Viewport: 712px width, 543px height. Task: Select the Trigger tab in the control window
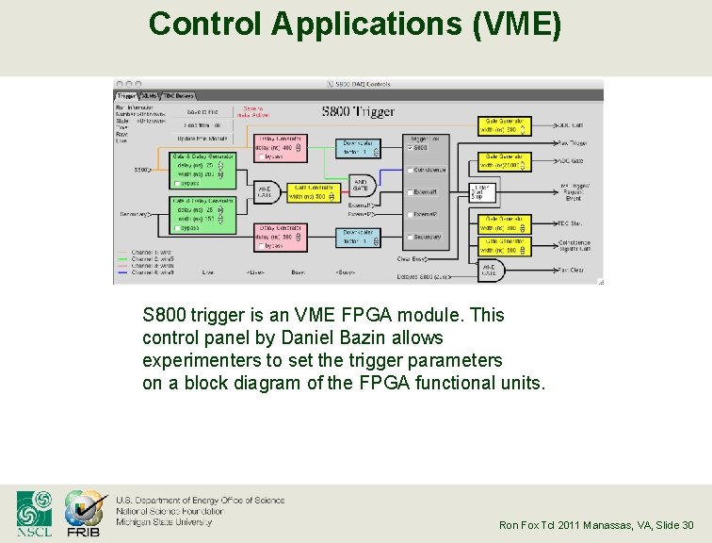pyautogui.click(x=126, y=95)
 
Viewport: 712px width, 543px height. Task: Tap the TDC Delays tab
pyautogui.click(x=178, y=95)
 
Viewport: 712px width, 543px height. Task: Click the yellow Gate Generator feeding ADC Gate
pyautogui.click(x=505, y=161)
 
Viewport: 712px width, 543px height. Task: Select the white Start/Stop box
pyautogui.click(x=480, y=191)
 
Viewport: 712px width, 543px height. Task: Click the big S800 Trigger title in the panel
pyautogui.click(x=358, y=112)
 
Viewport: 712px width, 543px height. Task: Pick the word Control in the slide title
pyautogui.click(x=205, y=23)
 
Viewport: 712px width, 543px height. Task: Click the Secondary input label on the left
pyautogui.click(x=136, y=215)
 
